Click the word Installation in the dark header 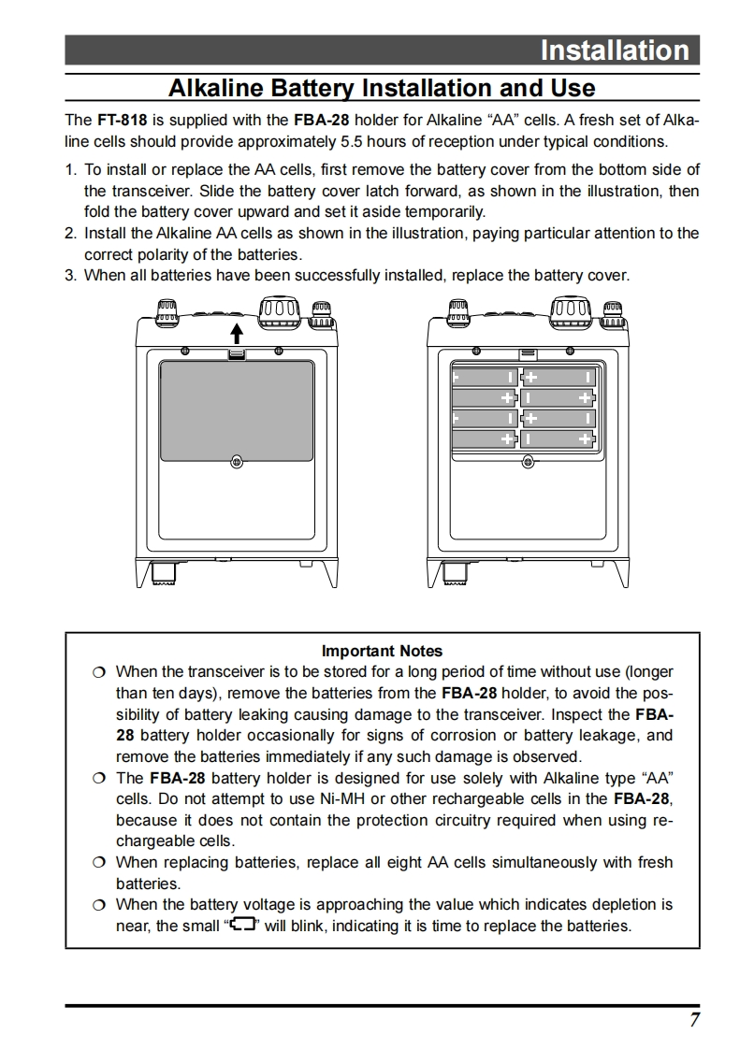[614, 50]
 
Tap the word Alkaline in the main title [212, 88]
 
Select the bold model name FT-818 [121, 121]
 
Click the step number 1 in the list [70, 170]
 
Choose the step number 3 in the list [70, 275]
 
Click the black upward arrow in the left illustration [237, 333]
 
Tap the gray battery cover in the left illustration [237, 410]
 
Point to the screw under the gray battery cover [237, 461]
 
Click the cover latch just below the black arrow [237, 353]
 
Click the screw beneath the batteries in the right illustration [528, 461]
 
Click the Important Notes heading [382, 651]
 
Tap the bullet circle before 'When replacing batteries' [99, 863]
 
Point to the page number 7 [694, 1020]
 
